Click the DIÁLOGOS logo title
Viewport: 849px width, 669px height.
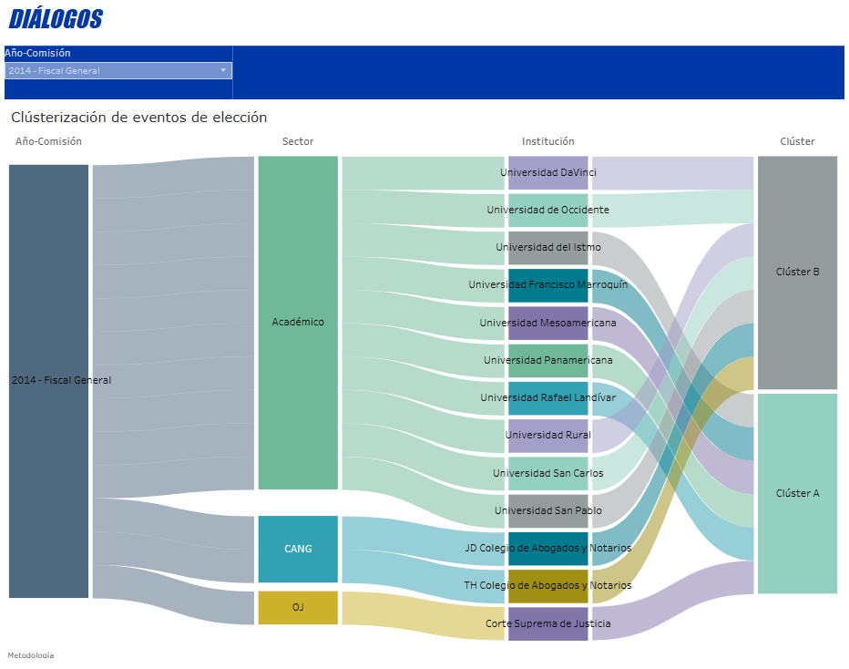click(56, 19)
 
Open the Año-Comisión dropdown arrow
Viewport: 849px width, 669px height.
click(223, 70)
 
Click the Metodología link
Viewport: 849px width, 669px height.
click(31, 655)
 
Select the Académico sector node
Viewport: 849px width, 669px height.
click(298, 323)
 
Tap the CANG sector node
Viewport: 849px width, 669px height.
click(298, 549)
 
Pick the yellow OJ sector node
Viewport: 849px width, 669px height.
click(298, 607)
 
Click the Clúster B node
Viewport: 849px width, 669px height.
click(797, 272)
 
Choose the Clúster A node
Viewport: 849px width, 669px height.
click(797, 493)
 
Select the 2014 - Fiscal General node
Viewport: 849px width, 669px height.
click(49, 381)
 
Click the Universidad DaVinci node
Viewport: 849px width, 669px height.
click(548, 172)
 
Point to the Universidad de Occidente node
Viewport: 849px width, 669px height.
click(548, 210)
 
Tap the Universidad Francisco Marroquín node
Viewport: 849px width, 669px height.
click(548, 285)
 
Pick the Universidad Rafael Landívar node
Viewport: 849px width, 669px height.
click(548, 398)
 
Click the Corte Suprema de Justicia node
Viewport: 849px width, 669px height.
click(548, 624)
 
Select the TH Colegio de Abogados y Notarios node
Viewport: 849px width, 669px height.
click(548, 586)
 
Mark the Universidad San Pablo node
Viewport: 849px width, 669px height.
click(548, 510)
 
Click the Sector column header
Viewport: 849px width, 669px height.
click(298, 141)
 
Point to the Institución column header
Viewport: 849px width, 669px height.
click(547, 141)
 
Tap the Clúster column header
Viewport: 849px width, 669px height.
click(797, 141)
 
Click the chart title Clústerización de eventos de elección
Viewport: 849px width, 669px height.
click(138, 118)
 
